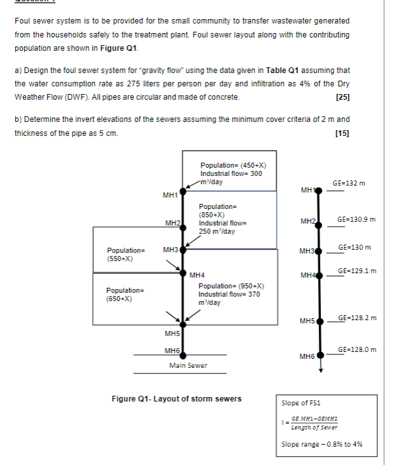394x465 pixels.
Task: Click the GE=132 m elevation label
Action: (348, 184)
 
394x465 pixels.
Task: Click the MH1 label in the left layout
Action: (170, 195)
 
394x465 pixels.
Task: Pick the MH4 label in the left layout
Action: (196, 275)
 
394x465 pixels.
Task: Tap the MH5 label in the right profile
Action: (308, 321)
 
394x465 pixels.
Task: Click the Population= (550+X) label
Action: (121, 255)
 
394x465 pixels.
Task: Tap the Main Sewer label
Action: (188, 365)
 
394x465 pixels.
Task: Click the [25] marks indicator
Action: (343, 97)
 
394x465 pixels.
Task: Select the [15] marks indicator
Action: (343, 133)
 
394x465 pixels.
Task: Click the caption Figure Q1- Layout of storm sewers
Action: (177, 399)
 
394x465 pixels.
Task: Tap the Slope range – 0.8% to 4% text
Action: (322, 444)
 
